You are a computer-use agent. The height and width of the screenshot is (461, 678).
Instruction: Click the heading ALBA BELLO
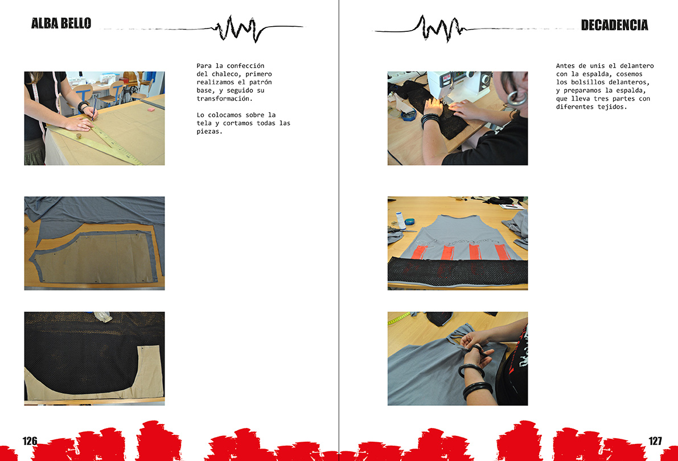(x=61, y=23)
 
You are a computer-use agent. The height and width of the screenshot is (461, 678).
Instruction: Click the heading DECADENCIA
(x=614, y=25)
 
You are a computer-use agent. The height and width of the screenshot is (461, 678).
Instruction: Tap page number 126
(x=30, y=441)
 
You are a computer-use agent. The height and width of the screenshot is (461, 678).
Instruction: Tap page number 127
(x=656, y=441)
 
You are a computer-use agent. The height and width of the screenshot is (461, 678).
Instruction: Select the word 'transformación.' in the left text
(x=224, y=98)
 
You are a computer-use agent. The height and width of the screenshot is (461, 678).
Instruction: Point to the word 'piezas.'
(x=209, y=131)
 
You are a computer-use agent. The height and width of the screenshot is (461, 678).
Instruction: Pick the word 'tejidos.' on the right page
(x=612, y=107)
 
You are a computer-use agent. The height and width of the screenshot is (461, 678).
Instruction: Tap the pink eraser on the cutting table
(x=151, y=110)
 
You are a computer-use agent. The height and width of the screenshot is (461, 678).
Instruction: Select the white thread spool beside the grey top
(x=401, y=220)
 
